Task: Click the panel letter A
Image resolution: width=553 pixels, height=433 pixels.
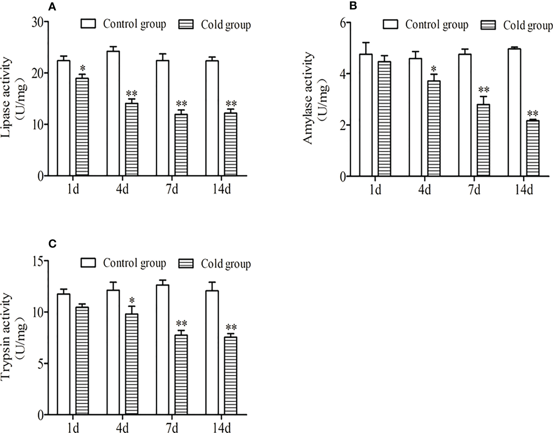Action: tap(51, 6)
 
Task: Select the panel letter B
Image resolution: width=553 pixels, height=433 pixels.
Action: tap(353, 6)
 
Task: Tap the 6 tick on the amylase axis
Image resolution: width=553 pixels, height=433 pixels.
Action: tap(343, 23)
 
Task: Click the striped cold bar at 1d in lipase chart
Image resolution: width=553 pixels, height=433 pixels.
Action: tap(82, 127)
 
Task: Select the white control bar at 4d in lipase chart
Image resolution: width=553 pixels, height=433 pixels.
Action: tap(113, 113)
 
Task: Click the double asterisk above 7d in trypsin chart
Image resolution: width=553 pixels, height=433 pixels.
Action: tap(181, 324)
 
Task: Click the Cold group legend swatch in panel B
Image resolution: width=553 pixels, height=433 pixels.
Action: tap(489, 25)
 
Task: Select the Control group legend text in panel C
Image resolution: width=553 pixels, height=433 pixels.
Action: tap(134, 263)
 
